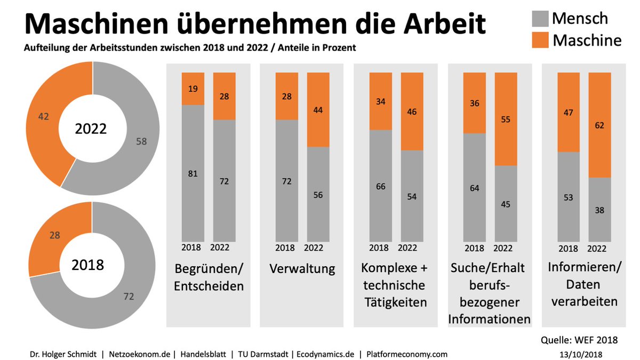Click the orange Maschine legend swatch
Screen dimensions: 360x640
pos(540,41)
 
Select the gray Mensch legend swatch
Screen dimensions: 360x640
pos(540,19)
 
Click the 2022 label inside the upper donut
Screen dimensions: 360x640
pos(91,129)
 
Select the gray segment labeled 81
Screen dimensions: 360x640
pos(193,172)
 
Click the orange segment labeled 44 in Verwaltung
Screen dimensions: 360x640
pos(317,109)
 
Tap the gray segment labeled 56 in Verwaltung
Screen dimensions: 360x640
pos(317,194)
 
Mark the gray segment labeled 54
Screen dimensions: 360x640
pos(411,196)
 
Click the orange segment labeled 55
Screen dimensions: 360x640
pos(506,119)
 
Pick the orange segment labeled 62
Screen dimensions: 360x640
pos(599,125)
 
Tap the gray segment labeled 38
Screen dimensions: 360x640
pos(599,209)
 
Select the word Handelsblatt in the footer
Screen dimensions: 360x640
pos(204,354)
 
